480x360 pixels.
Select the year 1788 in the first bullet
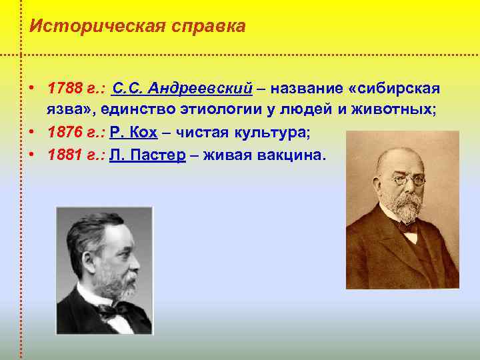tap(64, 89)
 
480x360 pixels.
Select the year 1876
tap(64, 133)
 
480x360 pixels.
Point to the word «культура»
tap(267, 133)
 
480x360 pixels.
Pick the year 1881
tap(64, 155)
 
